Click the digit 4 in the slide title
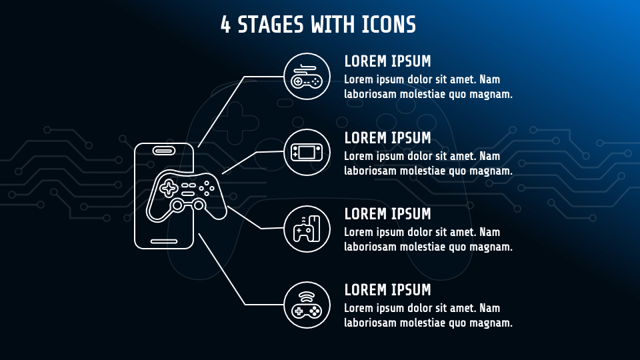[x=225, y=25]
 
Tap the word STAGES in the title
[x=271, y=25]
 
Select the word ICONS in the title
[x=389, y=25]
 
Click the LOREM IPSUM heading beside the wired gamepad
[x=387, y=61]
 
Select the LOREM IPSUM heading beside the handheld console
[x=387, y=138]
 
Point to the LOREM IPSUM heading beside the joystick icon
[x=387, y=214]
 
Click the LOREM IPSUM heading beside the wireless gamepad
[x=387, y=290]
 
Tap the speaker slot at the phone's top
[x=164, y=151]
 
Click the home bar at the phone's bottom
[x=164, y=241]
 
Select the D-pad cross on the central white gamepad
[x=169, y=189]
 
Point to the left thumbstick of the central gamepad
[x=177, y=205]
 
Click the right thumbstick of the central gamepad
[x=199, y=205]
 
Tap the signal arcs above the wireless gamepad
[x=306, y=297]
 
